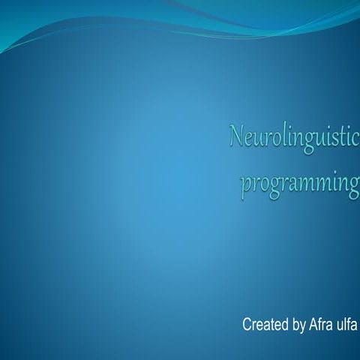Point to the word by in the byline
point(298,325)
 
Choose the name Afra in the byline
point(321,325)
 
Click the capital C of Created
point(247,325)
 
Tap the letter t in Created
point(272,325)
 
